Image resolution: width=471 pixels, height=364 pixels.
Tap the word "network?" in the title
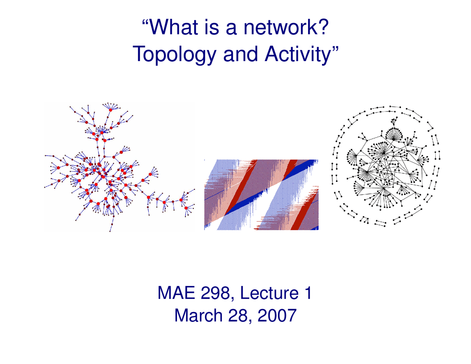286,27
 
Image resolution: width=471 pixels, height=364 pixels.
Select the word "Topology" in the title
175,54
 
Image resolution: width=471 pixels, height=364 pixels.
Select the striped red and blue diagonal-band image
261,195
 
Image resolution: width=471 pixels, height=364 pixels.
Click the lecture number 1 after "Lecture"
308,293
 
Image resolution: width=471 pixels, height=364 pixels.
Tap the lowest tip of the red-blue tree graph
110,231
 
